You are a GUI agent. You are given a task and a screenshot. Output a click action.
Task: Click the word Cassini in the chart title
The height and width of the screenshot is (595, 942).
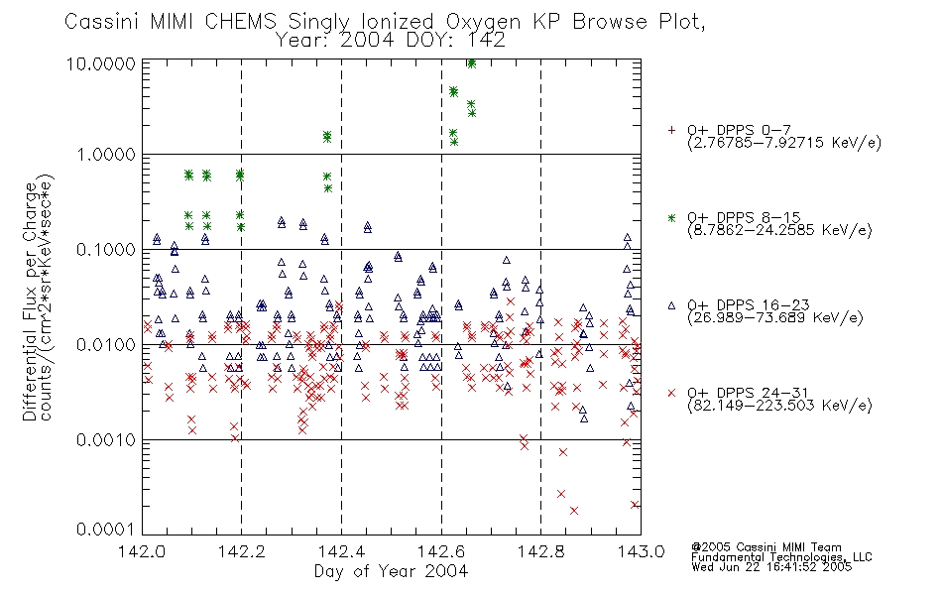(x=102, y=21)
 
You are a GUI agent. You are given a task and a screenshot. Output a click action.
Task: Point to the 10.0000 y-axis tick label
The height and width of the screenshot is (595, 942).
(x=101, y=63)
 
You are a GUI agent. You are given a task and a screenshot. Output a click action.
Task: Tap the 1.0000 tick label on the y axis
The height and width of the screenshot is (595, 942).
(x=106, y=155)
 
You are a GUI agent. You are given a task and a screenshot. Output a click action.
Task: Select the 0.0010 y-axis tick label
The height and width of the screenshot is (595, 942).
(x=106, y=440)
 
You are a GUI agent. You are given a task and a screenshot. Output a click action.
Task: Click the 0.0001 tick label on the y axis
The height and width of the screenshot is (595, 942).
(x=106, y=529)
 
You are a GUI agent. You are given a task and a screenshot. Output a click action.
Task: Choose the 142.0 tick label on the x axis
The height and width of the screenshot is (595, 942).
(x=142, y=551)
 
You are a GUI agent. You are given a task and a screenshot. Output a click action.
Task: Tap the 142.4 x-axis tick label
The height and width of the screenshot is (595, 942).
(x=341, y=551)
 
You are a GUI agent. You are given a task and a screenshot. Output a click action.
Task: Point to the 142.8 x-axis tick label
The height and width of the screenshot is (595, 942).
(x=540, y=551)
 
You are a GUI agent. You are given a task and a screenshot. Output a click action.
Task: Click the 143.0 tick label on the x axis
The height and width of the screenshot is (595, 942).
(x=641, y=551)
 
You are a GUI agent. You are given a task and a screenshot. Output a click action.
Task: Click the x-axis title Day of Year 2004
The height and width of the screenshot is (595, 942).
(x=391, y=571)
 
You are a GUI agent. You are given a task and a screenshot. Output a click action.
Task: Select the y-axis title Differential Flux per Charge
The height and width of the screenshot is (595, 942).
(x=30, y=301)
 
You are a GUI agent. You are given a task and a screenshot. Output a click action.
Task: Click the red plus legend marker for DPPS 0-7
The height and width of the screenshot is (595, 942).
(x=671, y=130)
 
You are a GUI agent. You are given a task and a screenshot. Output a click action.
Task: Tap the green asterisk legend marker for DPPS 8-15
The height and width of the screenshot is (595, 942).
(x=671, y=217)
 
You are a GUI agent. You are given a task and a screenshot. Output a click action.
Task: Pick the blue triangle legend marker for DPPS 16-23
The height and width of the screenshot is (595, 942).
(x=671, y=305)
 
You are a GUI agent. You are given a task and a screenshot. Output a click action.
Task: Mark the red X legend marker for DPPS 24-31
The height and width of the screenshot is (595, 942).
(x=671, y=393)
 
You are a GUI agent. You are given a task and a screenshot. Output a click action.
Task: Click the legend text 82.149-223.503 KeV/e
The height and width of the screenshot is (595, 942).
(x=779, y=406)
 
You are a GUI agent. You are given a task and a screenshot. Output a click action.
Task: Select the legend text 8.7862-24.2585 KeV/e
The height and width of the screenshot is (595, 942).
(x=779, y=230)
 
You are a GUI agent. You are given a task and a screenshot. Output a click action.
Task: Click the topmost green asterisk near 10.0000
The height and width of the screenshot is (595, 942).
(x=472, y=63)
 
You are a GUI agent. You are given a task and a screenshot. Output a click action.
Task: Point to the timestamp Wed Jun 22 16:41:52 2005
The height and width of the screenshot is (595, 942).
(x=771, y=567)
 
